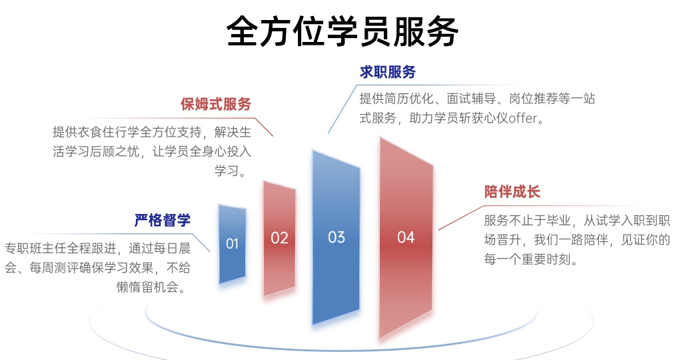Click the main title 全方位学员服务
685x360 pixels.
pyautogui.click(x=342, y=31)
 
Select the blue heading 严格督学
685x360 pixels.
pyautogui.click(x=163, y=220)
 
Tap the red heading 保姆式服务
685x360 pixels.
pyautogui.click(x=216, y=105)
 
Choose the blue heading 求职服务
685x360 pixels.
pyautogui.click(x=388, y=72)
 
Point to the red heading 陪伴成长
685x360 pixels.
pyautogui.click(x=512, y=192)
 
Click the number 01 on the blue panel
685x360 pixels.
pyautogui.click(x=232, y=244)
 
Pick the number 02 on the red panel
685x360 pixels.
pyautogui.click(x=279, y=238)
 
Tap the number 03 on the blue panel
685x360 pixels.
pyautogui.click(x=337, y=237)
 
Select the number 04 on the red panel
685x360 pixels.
pyautogui.click(x=405, y=237)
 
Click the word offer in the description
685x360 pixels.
pyautogui.click(x=527, y=120)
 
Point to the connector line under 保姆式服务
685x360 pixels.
pyautogui.click(x=263, y=127)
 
